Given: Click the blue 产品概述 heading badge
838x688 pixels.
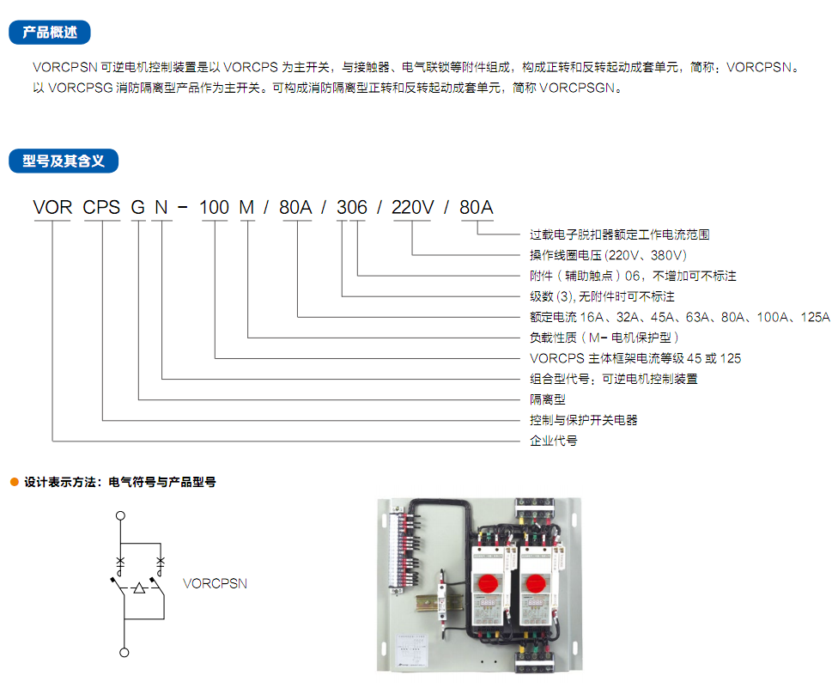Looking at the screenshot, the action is (x=50, y=33).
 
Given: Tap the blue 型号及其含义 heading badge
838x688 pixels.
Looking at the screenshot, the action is (x=64, y=161).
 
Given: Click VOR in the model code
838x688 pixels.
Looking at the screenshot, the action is (x=52, y=207).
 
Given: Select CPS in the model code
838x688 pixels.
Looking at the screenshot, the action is (x=101, y=207).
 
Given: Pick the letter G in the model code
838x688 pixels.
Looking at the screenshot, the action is (x=138, y=207).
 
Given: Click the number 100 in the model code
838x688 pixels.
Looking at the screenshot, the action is (x=215, y=207).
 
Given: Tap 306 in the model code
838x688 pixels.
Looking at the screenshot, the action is (x=352, y=207).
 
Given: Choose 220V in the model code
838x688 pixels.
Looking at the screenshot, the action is (x=413, y=207).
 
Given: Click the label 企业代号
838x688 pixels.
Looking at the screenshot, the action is (x=554, y=441).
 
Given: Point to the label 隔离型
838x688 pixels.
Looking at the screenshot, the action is (x=548, y=399).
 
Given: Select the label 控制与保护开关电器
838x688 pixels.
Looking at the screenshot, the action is (x=584, y=420).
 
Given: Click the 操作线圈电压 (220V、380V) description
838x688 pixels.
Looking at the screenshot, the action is (x=608, y=255).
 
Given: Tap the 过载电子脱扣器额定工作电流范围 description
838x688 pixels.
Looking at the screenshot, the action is (x=620, y=234).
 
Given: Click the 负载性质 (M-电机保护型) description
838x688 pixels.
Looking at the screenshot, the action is (x=604, y=338).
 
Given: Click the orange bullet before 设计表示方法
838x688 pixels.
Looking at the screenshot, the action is (x=15, y=482).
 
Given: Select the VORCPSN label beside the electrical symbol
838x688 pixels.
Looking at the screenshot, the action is (x=215, y=584).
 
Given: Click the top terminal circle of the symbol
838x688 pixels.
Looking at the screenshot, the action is (x=121, y=516).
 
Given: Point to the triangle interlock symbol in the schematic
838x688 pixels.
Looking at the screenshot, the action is (x=139, y=588).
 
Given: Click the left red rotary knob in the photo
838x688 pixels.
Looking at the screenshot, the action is (x=487, y=582).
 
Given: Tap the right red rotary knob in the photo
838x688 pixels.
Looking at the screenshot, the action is (x=536, y=582).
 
